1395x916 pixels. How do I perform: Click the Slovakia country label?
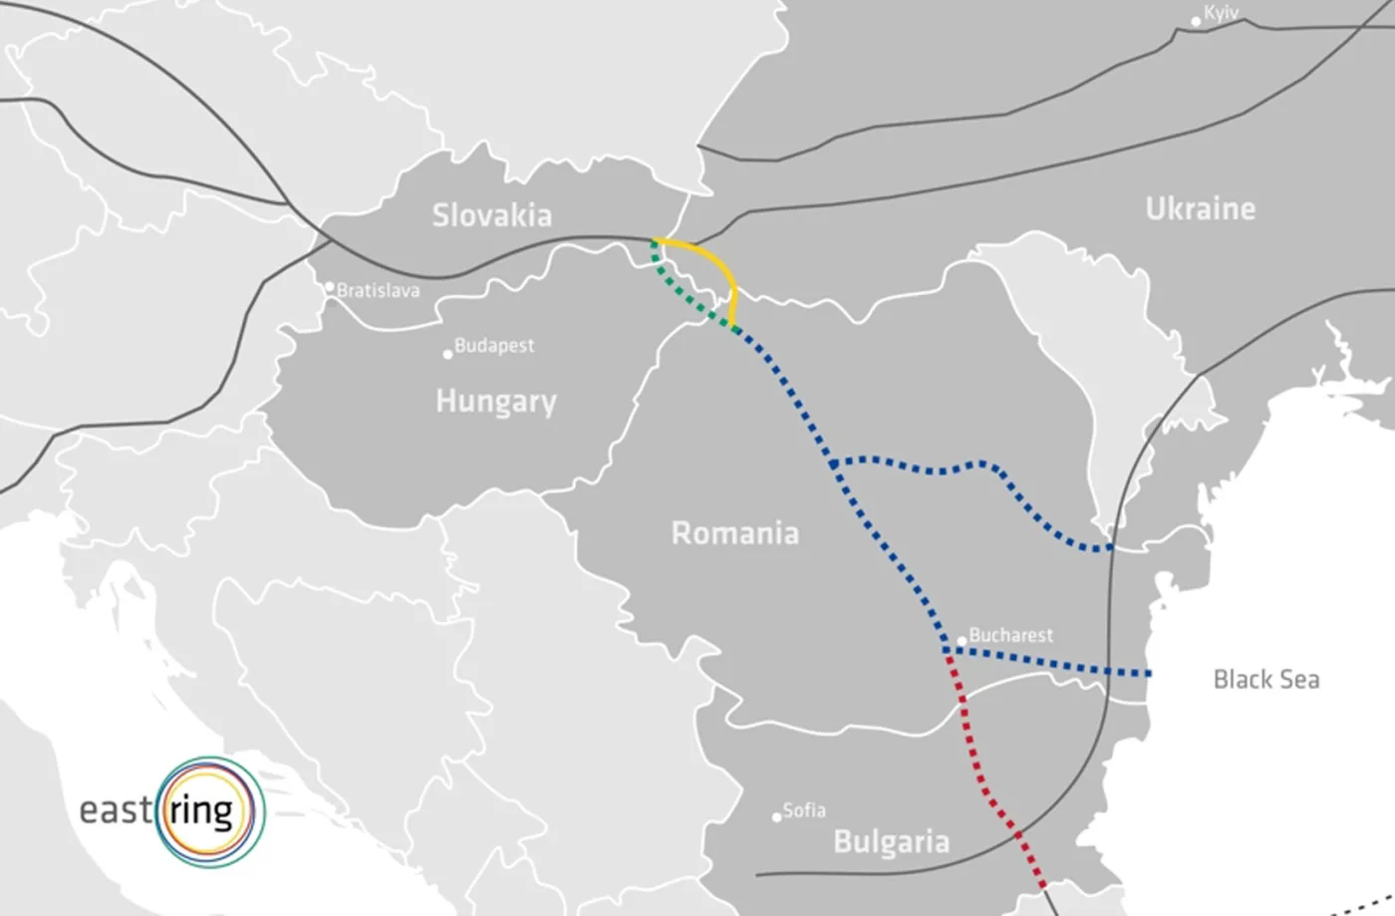491,215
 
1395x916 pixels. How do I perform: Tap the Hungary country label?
495,401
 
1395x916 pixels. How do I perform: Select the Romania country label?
734,533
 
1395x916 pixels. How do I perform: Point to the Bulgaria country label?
891,842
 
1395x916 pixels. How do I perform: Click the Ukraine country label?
1200,208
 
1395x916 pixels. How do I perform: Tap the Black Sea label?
1265,680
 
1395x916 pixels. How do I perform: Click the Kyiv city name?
1221,14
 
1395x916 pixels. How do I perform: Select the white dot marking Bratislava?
330,287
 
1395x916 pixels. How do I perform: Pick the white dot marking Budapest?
447,354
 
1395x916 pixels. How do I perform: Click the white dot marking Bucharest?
962,641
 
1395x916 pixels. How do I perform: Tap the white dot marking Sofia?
776,817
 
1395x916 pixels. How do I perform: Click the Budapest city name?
494,346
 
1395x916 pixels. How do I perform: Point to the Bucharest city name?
1010,635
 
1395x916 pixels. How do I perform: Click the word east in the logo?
115,809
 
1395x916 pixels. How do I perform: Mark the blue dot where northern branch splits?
833,463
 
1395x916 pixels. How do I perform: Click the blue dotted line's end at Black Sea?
1149,675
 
